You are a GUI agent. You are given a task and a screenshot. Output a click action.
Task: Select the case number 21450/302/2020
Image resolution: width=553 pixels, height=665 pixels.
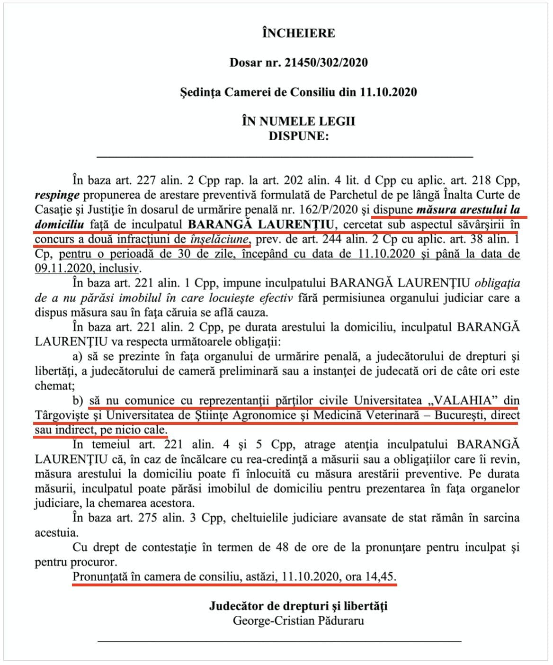click(326, 63)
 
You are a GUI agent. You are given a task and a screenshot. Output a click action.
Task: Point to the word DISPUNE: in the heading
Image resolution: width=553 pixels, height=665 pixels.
click(298, 136)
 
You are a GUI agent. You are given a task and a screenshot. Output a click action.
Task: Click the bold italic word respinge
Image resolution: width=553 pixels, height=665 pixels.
click(57, 195)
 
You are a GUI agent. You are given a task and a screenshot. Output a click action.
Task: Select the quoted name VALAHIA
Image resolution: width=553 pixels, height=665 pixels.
click(464, 401)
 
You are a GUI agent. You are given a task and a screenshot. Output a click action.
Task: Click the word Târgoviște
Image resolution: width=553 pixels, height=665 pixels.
click(66, 415)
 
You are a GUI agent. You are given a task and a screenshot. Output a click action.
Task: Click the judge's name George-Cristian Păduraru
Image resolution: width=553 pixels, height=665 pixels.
click(298, 621)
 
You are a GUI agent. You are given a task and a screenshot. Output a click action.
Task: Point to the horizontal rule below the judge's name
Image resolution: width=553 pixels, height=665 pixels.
click(279, 641)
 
